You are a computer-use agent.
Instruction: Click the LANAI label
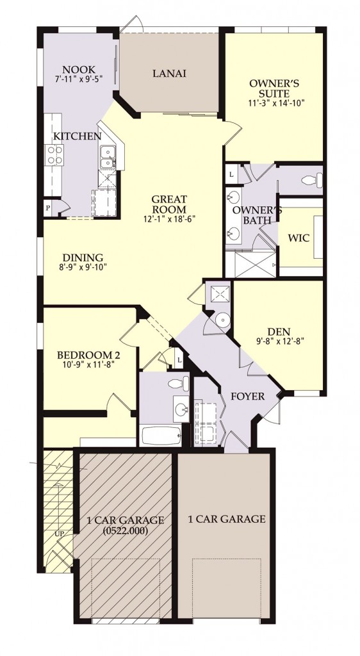coord(169,74)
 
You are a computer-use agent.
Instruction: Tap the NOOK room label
coord(79,70)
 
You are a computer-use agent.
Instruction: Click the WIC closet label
coord(299,238)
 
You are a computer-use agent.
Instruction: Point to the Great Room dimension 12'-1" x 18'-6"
coord(168,218)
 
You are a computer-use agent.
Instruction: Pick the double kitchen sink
coord(107,156)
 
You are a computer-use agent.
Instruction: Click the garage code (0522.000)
coord(123,530)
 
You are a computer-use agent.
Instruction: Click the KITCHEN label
coord(77,136)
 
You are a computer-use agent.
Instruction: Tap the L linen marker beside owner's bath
coord(231,174)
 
